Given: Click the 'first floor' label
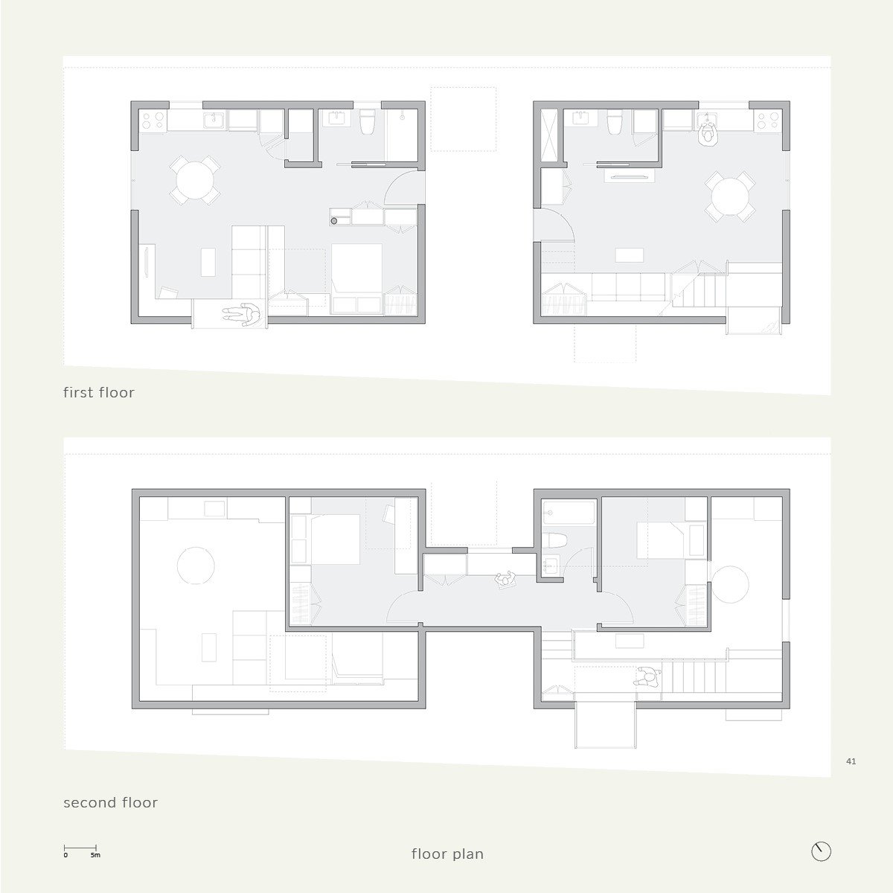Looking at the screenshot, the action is (99, 392).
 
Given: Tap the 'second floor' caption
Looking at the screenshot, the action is (110, 802).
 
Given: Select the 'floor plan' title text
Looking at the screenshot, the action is (447, 854).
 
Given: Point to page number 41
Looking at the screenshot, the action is (851, 761).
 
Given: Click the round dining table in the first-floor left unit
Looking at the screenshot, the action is (196, 180).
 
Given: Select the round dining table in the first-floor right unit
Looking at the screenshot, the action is (730, 196).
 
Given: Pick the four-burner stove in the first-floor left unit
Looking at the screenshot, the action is (153, 121).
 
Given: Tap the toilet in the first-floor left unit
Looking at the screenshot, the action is (367, 121).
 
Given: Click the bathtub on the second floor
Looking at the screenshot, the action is (569, 513).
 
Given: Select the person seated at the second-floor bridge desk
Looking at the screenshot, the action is (505, 579).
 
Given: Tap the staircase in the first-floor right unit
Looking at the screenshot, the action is (699, 290).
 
